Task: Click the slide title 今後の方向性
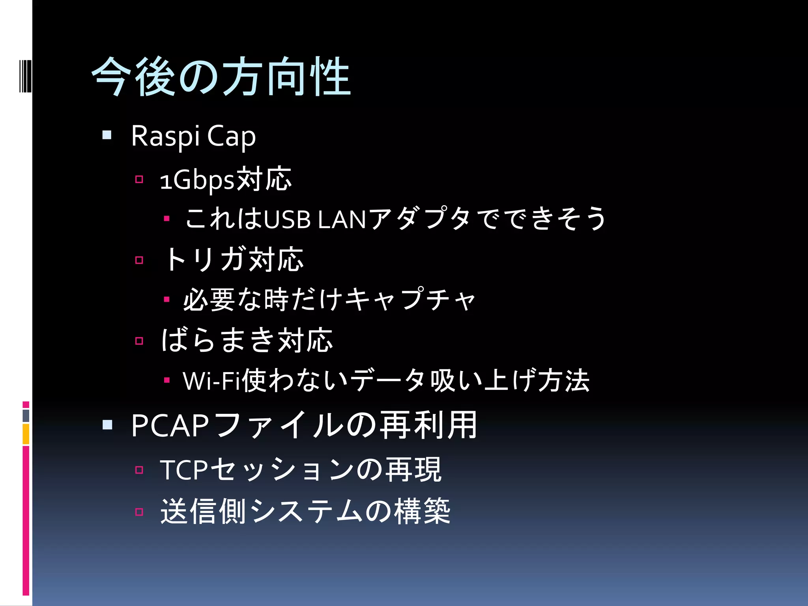pos(221,77)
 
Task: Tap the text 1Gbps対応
pos(226,180)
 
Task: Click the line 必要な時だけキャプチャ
pos(329,300)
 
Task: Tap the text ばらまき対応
pos(247,340)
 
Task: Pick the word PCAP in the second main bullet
pos(170,426)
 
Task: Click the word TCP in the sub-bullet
pos(183,470)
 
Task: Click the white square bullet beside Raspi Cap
pos(107,136)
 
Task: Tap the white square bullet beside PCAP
pos(107,425)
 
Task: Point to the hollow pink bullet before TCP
pos(139,470)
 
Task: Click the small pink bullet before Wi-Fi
pos(167,380)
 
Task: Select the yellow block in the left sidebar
pos(26,434)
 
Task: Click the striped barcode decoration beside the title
pos(25,76)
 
